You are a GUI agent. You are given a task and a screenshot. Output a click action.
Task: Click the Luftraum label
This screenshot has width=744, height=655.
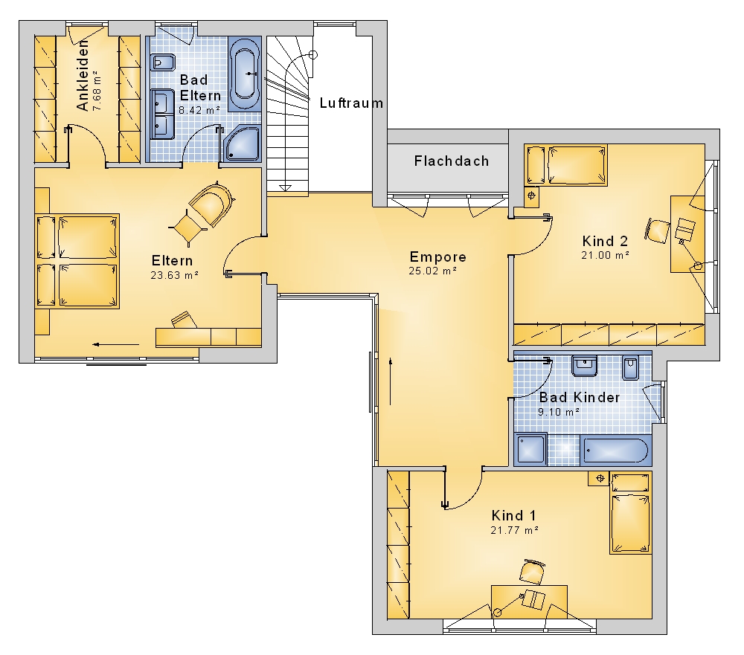coord(351,103)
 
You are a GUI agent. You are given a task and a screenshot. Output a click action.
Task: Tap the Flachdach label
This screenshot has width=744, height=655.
coord(452,161)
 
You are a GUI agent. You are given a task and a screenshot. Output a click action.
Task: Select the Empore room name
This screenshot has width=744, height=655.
coord(438,257)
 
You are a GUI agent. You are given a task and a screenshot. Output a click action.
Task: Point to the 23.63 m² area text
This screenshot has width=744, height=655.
coord(174,275)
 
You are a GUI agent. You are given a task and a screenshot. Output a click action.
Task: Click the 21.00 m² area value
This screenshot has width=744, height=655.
coord(605,255)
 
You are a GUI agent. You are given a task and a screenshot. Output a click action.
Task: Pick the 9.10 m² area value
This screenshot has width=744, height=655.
coord(559,412)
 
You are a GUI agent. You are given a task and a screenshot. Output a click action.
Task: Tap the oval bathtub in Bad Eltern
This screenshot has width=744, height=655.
coord(245,74)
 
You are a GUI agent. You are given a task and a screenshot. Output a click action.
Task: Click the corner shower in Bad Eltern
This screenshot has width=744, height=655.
coord(242,143)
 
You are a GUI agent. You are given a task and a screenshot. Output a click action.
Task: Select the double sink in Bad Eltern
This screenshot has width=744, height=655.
coord(162,114)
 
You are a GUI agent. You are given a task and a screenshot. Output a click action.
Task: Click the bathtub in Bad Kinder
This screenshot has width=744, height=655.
coord(615,450)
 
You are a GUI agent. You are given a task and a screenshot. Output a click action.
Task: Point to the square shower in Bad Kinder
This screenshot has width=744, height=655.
coord(530,449)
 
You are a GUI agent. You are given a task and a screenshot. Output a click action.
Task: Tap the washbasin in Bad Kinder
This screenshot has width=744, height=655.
coord(584,366)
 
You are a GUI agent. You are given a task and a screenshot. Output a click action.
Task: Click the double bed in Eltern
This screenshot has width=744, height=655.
coord(77,262)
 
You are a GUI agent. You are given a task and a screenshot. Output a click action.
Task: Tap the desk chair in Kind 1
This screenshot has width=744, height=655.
coord(533,572)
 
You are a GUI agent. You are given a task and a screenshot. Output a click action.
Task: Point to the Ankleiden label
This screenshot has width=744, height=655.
coord(83,76)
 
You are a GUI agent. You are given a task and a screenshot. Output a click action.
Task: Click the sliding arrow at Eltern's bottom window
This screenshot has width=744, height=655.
coord(116,345)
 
